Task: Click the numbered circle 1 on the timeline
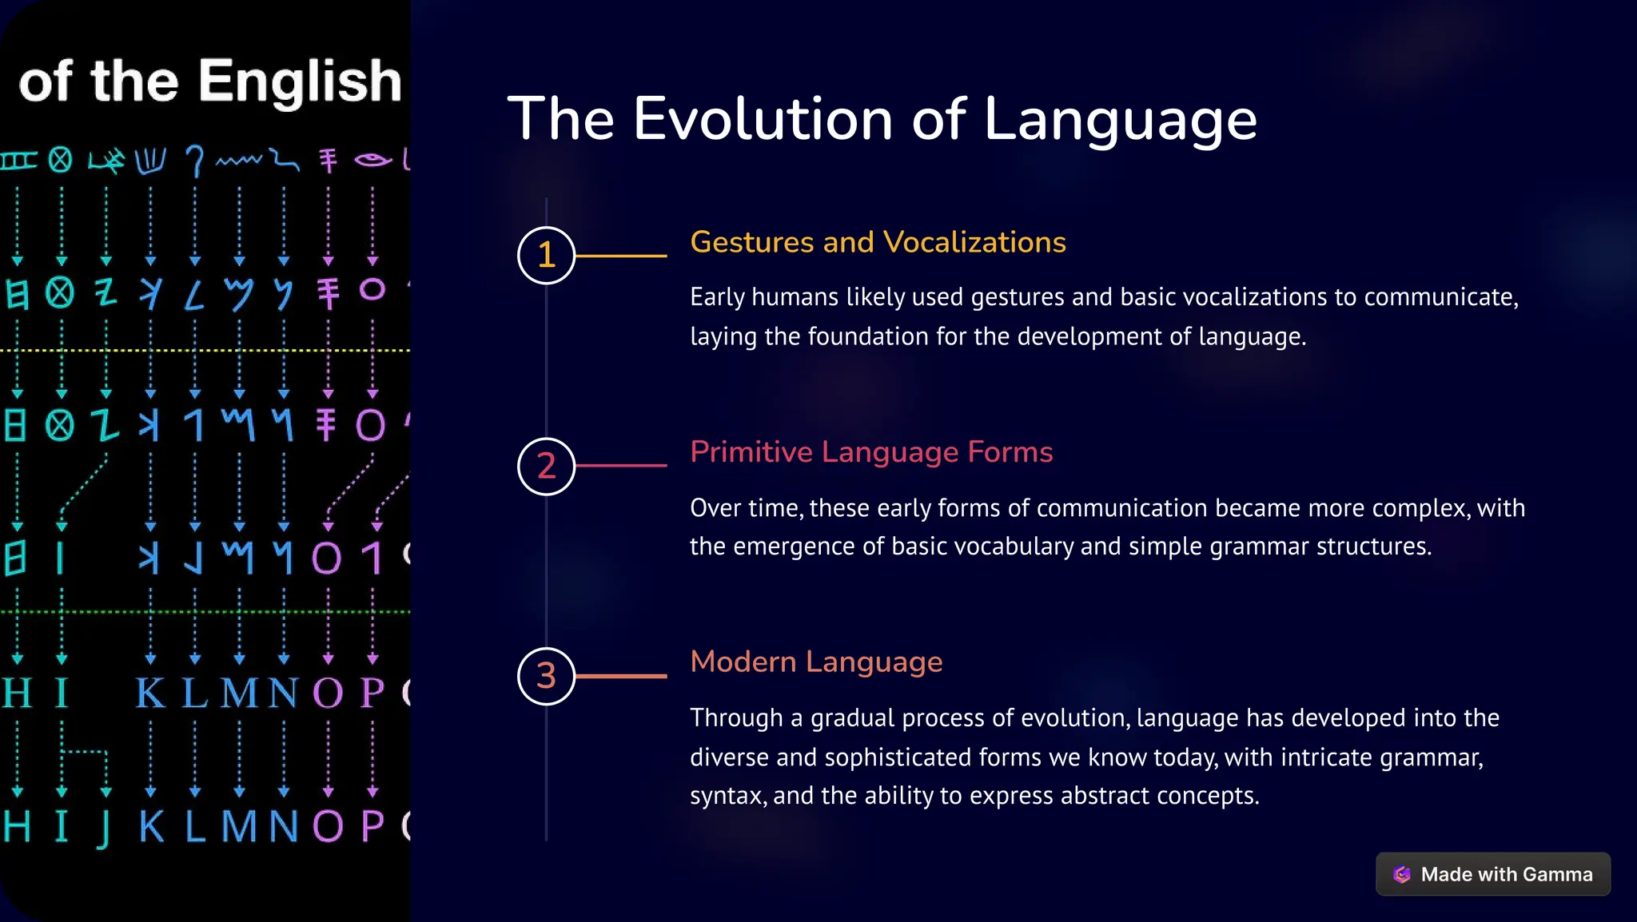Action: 546,256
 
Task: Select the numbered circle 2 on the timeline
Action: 546,466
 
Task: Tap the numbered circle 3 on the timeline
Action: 546,676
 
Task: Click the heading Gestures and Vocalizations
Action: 878,242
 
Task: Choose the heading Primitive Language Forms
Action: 871,452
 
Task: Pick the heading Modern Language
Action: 816,662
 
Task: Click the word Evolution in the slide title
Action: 763,119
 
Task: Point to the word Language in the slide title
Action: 1120,119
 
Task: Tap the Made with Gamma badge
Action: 1492,874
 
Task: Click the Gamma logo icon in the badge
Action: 1402,874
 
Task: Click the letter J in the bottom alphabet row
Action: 104,828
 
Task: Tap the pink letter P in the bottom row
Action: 372,826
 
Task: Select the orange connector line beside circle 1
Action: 621,256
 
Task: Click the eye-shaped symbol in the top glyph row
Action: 372,161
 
